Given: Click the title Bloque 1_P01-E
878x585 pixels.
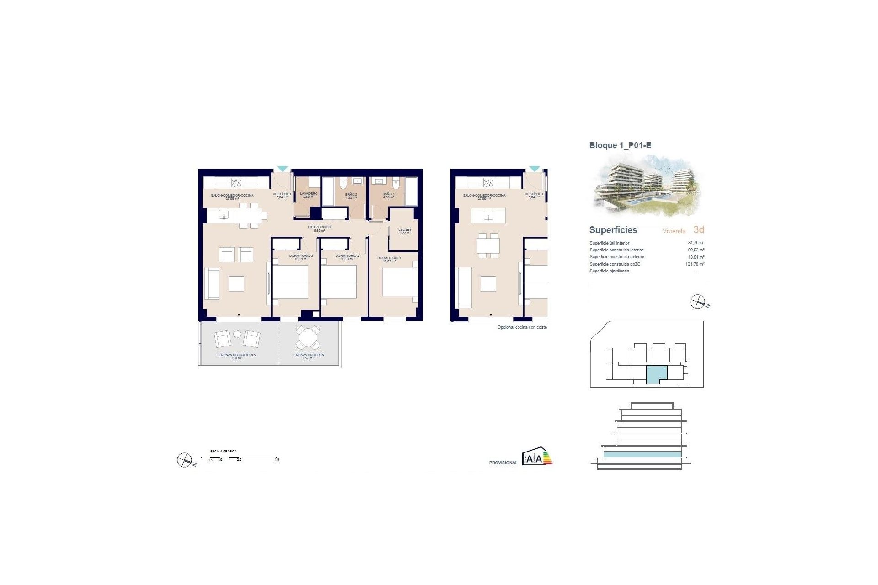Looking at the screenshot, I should point(620,145).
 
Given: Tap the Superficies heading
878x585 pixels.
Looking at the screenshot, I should point(613,230).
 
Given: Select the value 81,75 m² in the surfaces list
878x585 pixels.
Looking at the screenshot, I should point(696,243).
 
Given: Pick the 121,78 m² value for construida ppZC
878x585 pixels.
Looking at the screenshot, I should point(695,264).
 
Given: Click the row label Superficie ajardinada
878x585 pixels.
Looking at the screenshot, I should point(609,271).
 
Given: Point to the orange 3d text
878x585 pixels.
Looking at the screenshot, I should point(698,229).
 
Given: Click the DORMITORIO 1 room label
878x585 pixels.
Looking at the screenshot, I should point(389,258).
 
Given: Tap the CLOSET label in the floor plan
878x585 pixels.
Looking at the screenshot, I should point(405,230).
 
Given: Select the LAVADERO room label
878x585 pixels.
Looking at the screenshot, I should point(309,194).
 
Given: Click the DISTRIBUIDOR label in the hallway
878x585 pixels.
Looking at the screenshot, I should point(319,227).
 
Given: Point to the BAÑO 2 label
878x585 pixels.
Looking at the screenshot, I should point(351,195).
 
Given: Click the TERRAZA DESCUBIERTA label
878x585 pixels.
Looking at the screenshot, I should point(236,355).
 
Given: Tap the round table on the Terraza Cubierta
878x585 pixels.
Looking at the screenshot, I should point(307,338).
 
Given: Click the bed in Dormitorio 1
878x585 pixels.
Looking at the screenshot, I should point(400,282).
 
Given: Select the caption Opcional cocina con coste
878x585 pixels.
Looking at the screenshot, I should point(522,327).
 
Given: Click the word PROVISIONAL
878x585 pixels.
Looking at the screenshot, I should point(503,463).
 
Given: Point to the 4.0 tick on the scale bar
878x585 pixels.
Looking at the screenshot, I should point(277,459).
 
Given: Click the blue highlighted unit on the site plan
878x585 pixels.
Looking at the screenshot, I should point(657,374).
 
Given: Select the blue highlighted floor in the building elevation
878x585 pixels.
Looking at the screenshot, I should point(642,455).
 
